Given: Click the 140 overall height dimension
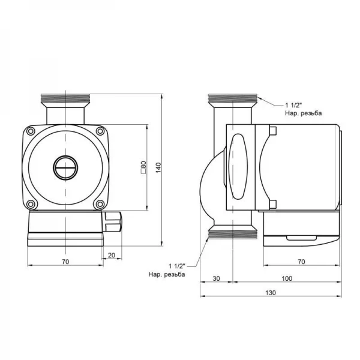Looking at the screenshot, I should (159, 170).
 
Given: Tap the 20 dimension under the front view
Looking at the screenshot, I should (111, 255).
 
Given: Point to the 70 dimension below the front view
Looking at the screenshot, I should (66, 262).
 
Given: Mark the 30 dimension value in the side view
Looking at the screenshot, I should (215, 278).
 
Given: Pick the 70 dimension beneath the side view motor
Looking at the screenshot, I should (301, 262).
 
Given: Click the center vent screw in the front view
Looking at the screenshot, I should (65, 168).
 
